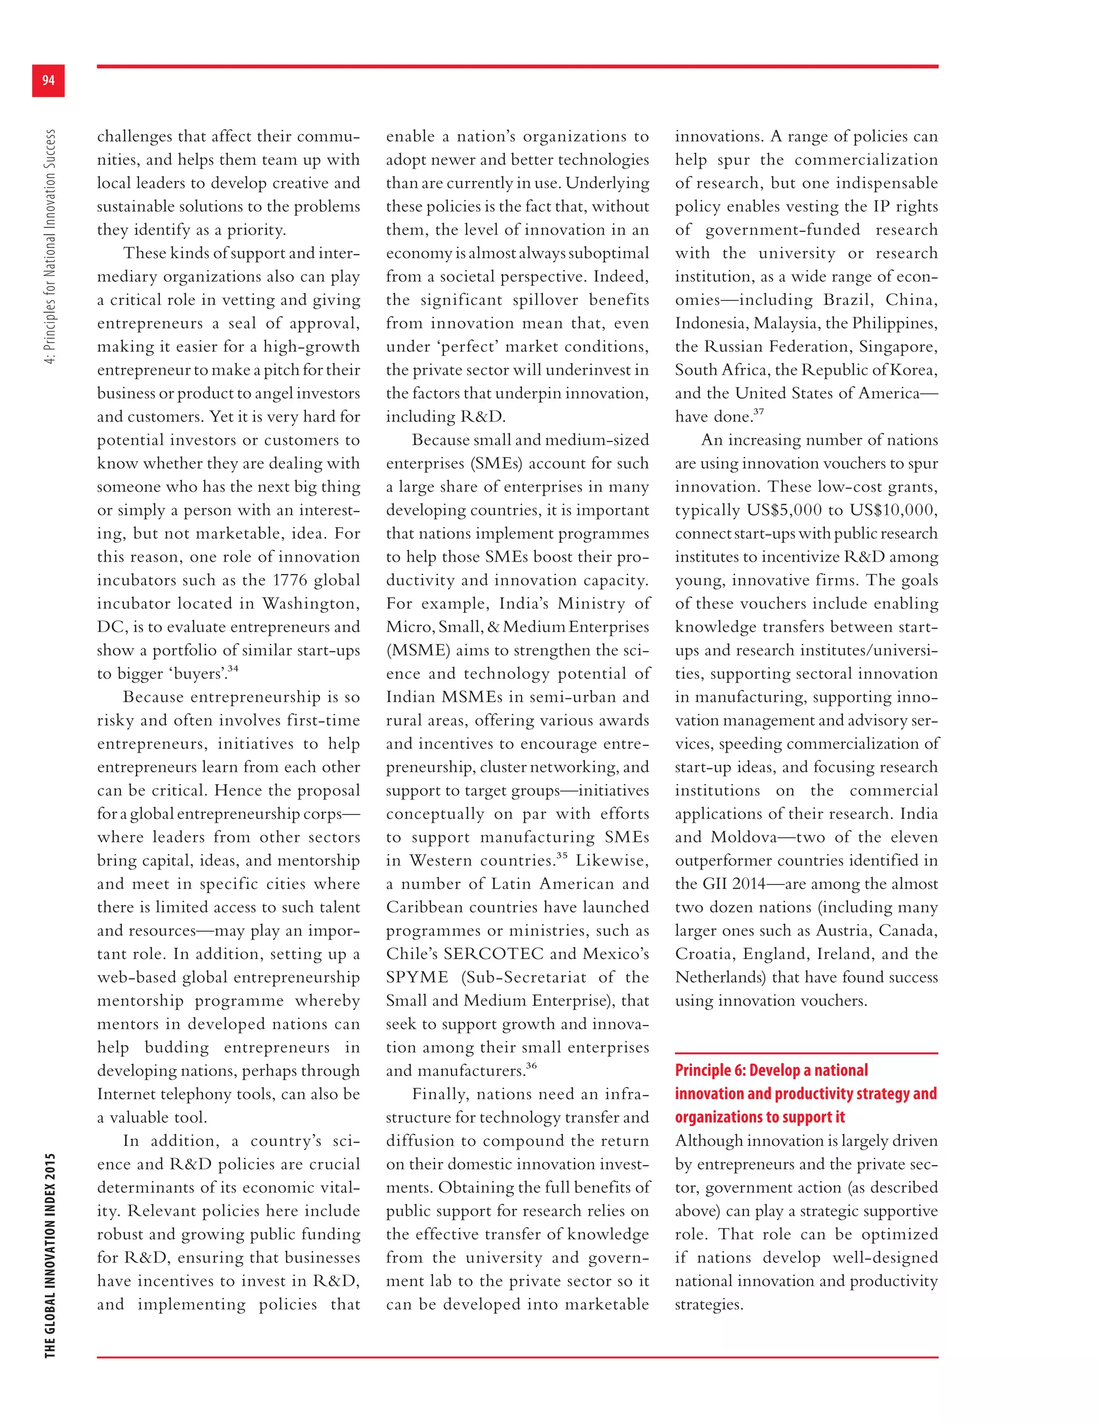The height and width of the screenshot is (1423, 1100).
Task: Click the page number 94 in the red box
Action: (x=48, y=80)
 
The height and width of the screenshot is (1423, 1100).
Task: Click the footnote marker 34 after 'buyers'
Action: (x=233, y=669)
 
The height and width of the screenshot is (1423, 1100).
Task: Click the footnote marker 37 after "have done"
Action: (x=758, y=412)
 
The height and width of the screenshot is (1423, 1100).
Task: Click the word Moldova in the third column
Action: (x=743, y=837)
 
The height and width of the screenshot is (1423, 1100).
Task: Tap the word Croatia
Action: (x=703, y=954)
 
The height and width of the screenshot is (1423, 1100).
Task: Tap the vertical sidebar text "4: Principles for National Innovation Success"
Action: (x=50, y=246)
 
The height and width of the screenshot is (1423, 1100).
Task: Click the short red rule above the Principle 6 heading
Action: (x=806, y=1053)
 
